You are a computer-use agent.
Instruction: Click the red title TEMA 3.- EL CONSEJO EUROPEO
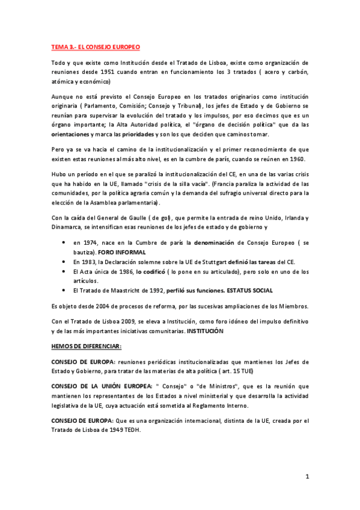[x=95, y=46]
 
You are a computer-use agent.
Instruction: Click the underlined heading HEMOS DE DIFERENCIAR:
[x=78, y=346]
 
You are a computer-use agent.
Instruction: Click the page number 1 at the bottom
[x=307, y=477]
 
